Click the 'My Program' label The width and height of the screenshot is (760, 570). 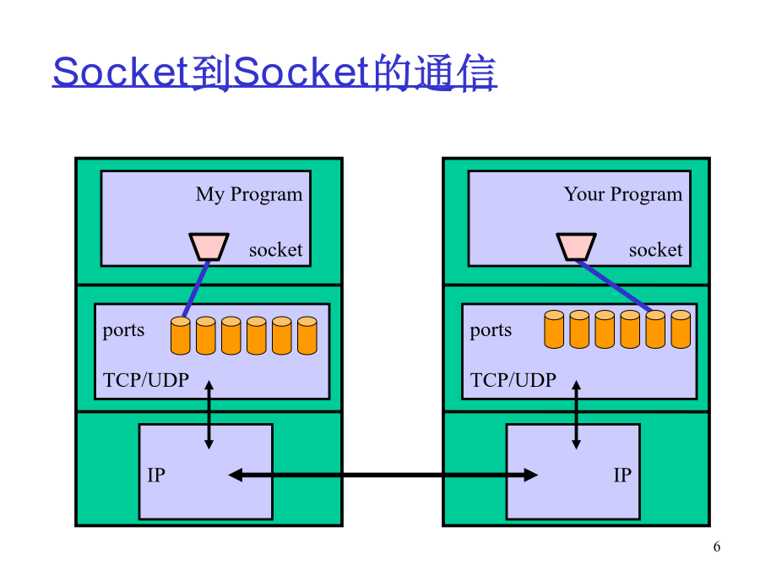(249, 195)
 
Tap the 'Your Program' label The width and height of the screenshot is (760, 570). (623, 195)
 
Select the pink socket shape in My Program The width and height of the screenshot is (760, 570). (209, 247)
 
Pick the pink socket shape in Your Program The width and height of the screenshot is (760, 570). (576, 247)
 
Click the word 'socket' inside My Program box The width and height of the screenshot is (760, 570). (276, 250)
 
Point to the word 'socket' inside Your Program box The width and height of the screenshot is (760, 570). (656, 250)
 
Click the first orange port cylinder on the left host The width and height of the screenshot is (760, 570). (181, 335)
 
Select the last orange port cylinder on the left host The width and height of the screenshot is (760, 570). (307, 335)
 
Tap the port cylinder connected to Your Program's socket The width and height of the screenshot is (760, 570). (655, 329)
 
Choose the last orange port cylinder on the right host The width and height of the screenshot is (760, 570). (681, 329)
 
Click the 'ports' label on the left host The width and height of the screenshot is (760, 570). (123, 330)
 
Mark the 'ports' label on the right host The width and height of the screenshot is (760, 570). (491, 330)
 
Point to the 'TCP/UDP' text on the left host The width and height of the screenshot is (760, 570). (146, 380)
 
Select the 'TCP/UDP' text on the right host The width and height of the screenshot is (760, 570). (513, 380)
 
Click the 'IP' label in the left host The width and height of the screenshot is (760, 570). (156, 475)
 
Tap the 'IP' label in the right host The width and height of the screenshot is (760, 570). (623, 475)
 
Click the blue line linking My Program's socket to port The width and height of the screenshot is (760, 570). (196, 290)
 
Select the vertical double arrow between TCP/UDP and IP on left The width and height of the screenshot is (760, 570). (209, 415)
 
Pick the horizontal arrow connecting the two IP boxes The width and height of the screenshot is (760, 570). (383, 475)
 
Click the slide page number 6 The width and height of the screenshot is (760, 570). (717, 546)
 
